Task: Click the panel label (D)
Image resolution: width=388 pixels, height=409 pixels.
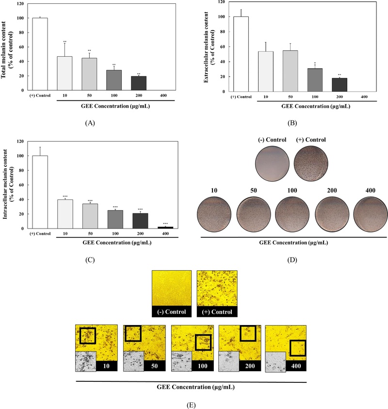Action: (x=291, y=260)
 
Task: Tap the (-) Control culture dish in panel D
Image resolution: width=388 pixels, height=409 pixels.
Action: (x=273, y=163)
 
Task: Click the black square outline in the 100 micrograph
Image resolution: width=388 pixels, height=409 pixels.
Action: (x=203, y=342)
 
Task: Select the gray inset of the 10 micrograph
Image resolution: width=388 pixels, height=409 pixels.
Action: (x=86, y=362)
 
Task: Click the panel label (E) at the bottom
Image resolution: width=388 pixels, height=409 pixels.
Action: (x=194, y=402)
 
